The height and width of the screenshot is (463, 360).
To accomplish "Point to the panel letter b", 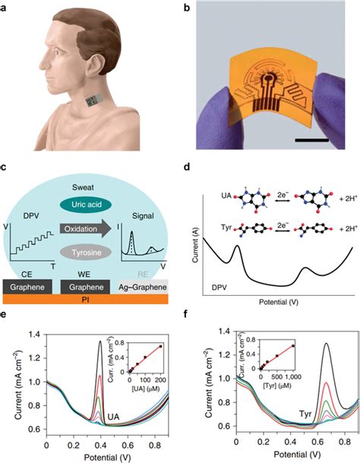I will click(186, 9).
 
